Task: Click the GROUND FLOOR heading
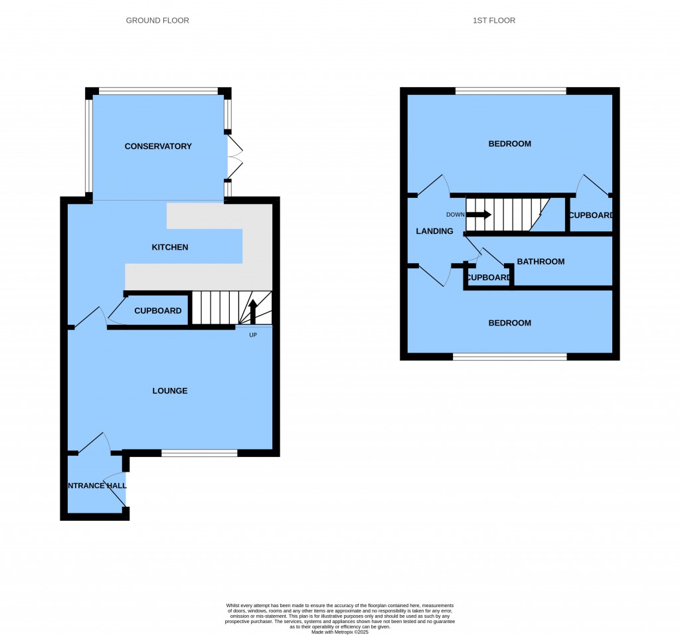tap(157, 21)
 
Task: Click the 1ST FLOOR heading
tap(494, 21)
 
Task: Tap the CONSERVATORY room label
tap(158, 146)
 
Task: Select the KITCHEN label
tap(170, 247)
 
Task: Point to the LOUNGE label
tap(170, 391)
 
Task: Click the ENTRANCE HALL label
tap(97, 486)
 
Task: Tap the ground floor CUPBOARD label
tap(158, 311)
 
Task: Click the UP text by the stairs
tap(253, 335)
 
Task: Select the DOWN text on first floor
tap(456, 215)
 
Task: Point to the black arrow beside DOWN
tap(479, 215)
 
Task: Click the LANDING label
tap(434, 231)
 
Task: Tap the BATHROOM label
tap(541, 262)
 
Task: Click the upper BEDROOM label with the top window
tap(509, 143)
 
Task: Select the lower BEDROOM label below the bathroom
tap(509, 323)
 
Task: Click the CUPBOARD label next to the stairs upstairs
tap(590, 215)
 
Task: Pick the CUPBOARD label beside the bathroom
tap(488, 278)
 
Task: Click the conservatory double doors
tap(235, 157)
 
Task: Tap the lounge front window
tap(199, 453)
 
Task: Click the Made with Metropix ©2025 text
tap(340, 632)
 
